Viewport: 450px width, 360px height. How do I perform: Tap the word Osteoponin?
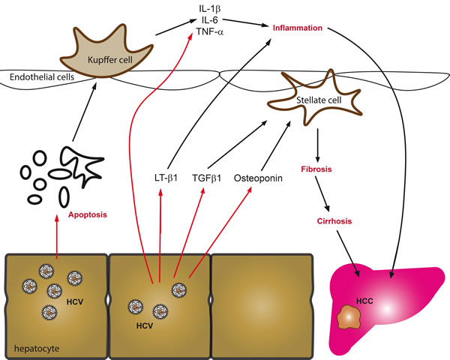point(257,178)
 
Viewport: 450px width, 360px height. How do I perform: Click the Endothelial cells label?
point(33,76)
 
